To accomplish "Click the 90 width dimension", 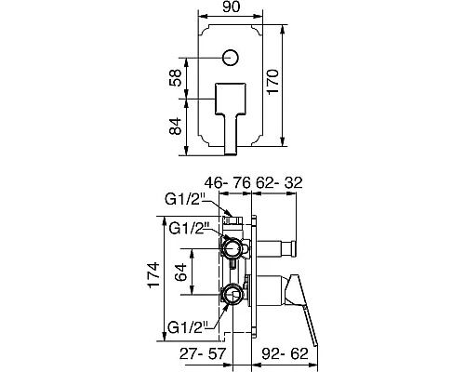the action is click(232, 7).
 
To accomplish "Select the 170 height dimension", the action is click(273, 82).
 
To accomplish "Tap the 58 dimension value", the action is click(175, 78).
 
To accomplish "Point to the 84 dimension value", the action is click(175, 126).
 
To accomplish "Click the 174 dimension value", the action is click(153, 275).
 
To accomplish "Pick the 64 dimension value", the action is click(180, 272).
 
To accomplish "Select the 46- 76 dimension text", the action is click(228, 183).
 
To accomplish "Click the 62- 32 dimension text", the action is click(279, 183).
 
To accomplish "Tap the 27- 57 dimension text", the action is click(203, 353).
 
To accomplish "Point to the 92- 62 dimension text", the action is click(286, 353).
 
